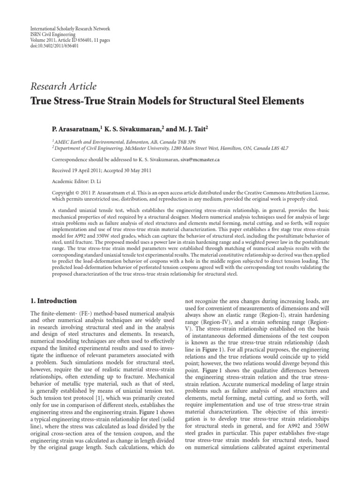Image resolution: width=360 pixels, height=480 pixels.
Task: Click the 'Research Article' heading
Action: point(63,86)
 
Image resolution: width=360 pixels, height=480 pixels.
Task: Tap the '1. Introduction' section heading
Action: point(53,300)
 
